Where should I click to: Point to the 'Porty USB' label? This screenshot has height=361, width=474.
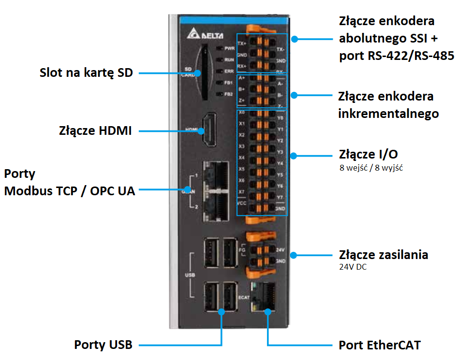103,345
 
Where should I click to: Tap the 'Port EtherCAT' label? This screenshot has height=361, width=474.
380,345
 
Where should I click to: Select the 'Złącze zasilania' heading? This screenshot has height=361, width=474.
384,255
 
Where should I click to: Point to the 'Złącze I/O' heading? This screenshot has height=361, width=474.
369,155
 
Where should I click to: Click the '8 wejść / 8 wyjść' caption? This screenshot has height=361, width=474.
371,168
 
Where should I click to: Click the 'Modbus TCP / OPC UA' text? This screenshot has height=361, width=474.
70,190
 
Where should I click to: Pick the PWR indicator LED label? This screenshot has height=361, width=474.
229,49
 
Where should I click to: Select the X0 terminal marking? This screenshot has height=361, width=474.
242,112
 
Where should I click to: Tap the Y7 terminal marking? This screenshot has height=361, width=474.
280,197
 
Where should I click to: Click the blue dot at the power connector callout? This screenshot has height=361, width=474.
293,255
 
